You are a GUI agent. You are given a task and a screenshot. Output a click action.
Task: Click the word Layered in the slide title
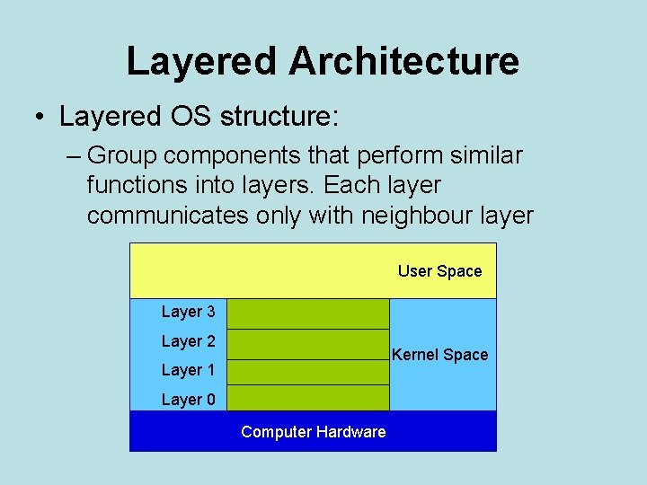[202, 61]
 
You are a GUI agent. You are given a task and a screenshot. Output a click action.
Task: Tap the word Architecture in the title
[403, 61]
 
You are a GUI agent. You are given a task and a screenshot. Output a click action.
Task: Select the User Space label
[439, 271]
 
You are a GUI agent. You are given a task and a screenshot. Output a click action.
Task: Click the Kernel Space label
[440, 355]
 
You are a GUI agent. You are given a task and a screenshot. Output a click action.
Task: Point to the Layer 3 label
[188, 312]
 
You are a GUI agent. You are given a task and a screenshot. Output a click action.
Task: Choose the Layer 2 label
[188, 341]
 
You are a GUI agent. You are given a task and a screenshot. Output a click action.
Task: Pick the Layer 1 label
[188, 370]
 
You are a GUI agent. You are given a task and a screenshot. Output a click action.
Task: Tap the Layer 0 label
[188, 400]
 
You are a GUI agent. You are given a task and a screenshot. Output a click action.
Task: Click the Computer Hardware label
[313, 432]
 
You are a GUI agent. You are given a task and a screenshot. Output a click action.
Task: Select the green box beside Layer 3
[308, 314]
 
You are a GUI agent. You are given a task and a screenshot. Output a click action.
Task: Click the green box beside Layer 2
[308, 344]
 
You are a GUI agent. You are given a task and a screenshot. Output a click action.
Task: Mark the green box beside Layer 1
[308, 372]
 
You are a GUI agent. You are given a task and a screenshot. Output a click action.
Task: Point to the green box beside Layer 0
[308, 398]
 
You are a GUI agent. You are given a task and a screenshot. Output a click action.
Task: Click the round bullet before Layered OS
[40, 118]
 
